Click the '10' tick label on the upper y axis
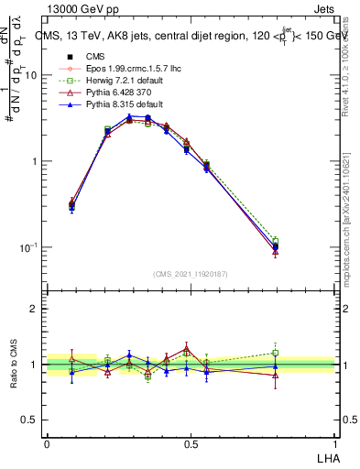pos(30,76)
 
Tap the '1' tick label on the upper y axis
pos(34,162)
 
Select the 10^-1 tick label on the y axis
pos(28,247)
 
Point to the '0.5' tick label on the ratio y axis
pos(30,420)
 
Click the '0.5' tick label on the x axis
pos(191,443)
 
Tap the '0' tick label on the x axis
pos(47,443)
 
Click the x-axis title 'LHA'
pos(324,458)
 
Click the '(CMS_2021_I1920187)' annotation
pos(191,272)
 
